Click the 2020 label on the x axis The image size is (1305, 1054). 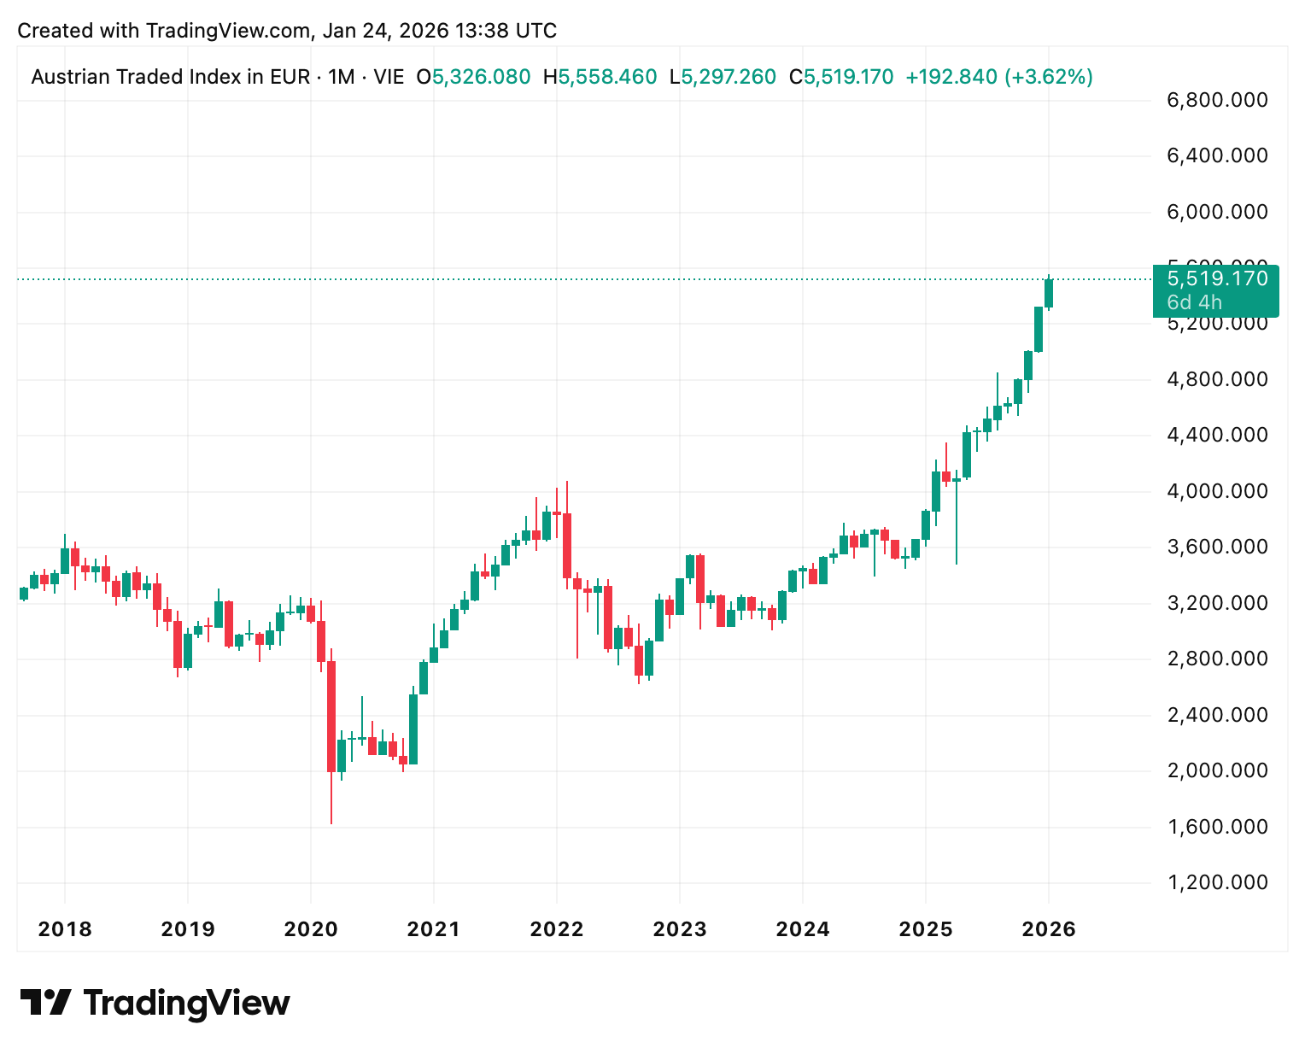point(311,928)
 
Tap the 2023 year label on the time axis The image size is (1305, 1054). point(680,928)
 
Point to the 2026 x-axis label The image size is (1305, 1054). point(1049,928)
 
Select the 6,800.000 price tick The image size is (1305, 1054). point(1217,101)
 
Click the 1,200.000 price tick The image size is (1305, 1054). point(1217,882)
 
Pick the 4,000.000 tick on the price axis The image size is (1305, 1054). point(1217,491)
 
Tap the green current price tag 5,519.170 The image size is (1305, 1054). point(1217,278)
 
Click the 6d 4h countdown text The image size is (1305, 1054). point(1194,302)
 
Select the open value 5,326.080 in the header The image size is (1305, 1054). point(481,77)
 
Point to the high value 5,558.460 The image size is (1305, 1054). point(607,77)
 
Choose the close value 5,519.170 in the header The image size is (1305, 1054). point(848,77)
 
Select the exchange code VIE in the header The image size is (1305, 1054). point(389,77)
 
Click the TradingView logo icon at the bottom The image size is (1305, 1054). point(45,1002)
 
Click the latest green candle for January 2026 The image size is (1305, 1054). point(1049,293)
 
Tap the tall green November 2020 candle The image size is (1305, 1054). point(413,729)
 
